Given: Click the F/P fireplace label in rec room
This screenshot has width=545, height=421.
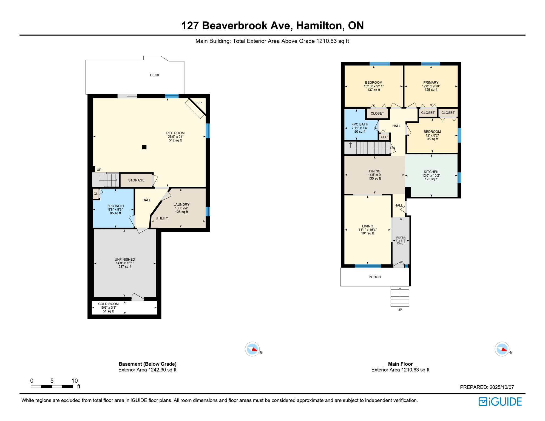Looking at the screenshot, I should [199, 103].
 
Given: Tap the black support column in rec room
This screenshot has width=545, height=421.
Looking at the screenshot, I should [144, 147].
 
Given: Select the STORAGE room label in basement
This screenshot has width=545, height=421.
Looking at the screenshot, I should [136, 180].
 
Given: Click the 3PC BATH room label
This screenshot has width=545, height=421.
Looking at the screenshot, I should [115, 206].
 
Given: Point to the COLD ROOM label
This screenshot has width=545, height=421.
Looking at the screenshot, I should [108, 304].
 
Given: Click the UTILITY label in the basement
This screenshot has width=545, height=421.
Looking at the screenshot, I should [162, 218].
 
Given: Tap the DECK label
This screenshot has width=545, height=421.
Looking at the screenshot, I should [155, 75].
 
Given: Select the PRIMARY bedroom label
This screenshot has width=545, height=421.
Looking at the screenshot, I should [431, 83].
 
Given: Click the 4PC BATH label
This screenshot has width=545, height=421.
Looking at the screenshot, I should [360, 124].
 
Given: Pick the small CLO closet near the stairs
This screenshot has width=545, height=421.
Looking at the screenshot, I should [384, 137].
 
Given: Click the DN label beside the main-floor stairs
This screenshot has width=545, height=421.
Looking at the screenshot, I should [393, 148].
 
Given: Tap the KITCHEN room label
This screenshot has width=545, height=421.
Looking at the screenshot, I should [431, 172].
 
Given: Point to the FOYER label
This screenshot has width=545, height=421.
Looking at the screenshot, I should [401, 238].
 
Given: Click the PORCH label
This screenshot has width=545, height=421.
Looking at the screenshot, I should [374, 277].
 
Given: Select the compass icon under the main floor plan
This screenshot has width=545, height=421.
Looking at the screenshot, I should [502, 349].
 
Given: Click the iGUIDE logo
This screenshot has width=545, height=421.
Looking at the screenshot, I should [500, 402].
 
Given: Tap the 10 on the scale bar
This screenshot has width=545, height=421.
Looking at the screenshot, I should [75, 381].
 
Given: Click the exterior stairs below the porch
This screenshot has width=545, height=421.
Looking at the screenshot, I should [400, 297].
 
